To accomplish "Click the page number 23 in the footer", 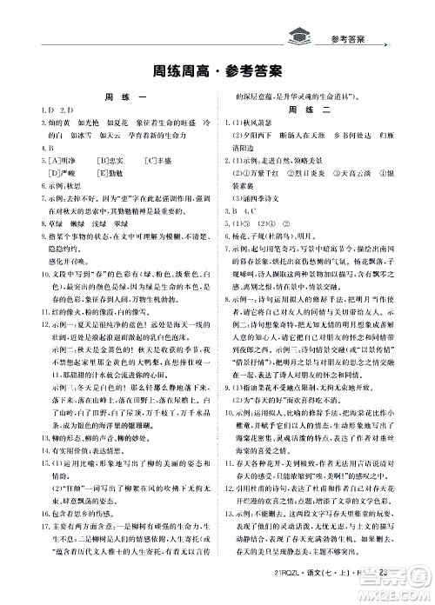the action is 385,572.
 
